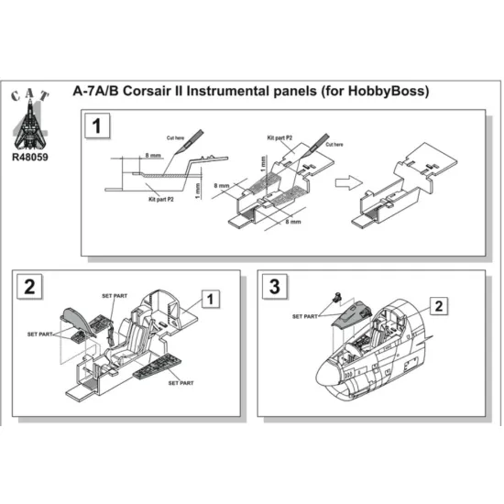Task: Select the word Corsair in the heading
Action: point(160,93)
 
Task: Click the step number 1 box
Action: point(96,126)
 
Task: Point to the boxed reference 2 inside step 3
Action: point(440,305)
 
